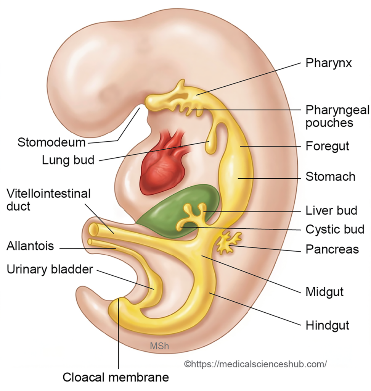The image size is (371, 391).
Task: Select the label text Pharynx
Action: point(328,63)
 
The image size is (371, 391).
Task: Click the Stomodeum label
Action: point(51,142)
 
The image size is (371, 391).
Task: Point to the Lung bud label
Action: point(68,160)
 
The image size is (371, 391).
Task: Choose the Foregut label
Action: point(327,146)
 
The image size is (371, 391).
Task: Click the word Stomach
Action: point(331,176)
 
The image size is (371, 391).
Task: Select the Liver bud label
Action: point(331,210)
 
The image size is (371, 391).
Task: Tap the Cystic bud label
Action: point(335,229)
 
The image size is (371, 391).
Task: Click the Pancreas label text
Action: point(332,249)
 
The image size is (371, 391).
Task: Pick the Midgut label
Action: point(324,292)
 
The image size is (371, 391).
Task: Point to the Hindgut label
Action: point(328,325)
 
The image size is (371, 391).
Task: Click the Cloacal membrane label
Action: point(116,377)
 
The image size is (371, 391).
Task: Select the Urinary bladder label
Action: point(50,270)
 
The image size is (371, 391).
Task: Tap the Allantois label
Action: point(30,246)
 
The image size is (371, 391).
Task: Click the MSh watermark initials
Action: point(159,346)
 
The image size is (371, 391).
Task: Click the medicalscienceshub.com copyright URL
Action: point(255,364)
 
